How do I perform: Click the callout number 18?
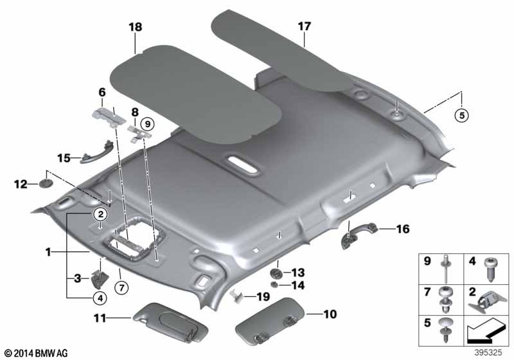click(136, 26)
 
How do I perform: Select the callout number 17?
click(304, 26)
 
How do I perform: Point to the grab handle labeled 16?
click(359, 234)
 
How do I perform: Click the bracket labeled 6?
click(108, 116)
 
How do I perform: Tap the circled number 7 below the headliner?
click(121, 288)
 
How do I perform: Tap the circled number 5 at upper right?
click(461, 116)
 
